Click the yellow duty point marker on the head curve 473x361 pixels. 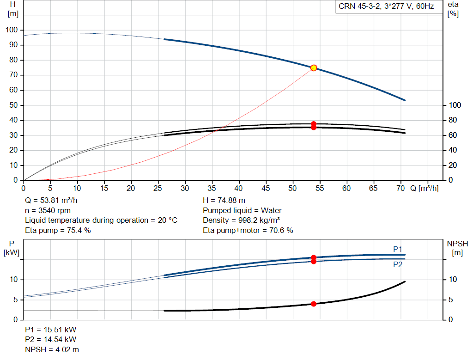[x=314, y=68]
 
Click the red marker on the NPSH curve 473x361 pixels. [x=314, y=304]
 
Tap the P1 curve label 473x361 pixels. [x=398, y=249]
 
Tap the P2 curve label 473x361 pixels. [x=398, y=265]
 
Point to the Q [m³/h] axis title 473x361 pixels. [x=424, y=188]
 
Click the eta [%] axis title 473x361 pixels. [x=453, y=9]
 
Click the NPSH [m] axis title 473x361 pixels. [x=457, y=248]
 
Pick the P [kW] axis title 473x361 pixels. [x=12, y=248]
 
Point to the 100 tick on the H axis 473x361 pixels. [x=12, y=30]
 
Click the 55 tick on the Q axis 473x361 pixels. [x=320, y=188]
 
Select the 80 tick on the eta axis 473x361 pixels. [x=453, y=120]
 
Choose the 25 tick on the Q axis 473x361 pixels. [x=158, y=188]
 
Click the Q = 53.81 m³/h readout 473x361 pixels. [x=51, y=201]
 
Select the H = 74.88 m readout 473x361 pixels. [x=224, y=201]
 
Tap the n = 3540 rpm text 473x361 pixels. [x=48, y=210]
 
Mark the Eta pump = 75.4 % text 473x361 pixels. [x=58, y=230]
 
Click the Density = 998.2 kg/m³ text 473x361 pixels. [x=241, y=220]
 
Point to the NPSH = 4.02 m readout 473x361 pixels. [x=52, y=349]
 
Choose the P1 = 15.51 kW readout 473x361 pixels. [x=51, y=330]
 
